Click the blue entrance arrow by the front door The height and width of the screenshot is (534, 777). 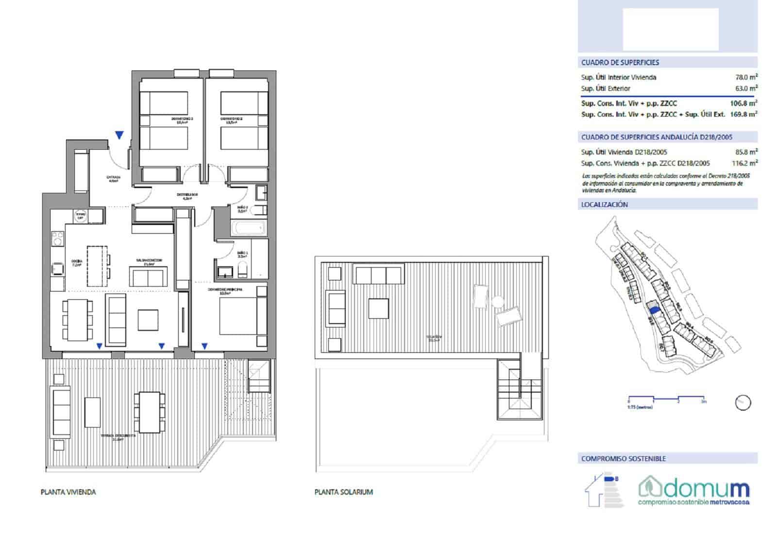pyautogui.click(x=119, y=135)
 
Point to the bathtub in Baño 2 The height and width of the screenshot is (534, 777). pyautogui.click(x=248, y=227)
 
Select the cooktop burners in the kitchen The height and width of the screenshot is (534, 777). pyautogui.click(x=58, y=239)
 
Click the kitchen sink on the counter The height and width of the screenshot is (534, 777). pyautogui.click(x=58, y=269)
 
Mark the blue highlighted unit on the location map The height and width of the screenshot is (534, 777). pyautogui.click(x=654, y=308)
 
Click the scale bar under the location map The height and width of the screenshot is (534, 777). pyautogui.click(x=666, y=398)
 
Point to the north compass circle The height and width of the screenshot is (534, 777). pyautogui.click(x=743, y=402)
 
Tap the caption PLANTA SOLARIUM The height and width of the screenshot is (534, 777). pyautogui.click(x=343, y=492)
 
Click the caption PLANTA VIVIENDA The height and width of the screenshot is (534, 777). pyautogui.click(x=68, y=492)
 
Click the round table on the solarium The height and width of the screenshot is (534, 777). pyautogui.click(x=496, y=302)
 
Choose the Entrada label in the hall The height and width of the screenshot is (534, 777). pyautogui.click(x=113, y=178)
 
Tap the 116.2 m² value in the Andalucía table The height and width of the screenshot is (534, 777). pyautogui.click(x=744, y=163)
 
